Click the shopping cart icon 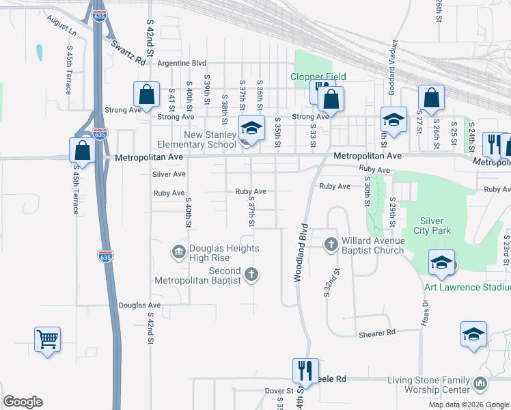tap(47, 339)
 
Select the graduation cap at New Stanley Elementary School tap(251, 128)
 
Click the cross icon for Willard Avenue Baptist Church tap(331, 244)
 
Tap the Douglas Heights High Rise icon tap(179, 253)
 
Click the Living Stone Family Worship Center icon tap(480, 385)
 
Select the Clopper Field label tap(319, 77)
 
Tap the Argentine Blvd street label tap(182, 63)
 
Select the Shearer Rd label tap(377, 333)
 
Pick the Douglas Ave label tap(139, 305)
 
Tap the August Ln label tap(62, 26)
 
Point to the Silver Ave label tap(169, 174)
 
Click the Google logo tap(23, 402)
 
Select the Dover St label tap(279, 391)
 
